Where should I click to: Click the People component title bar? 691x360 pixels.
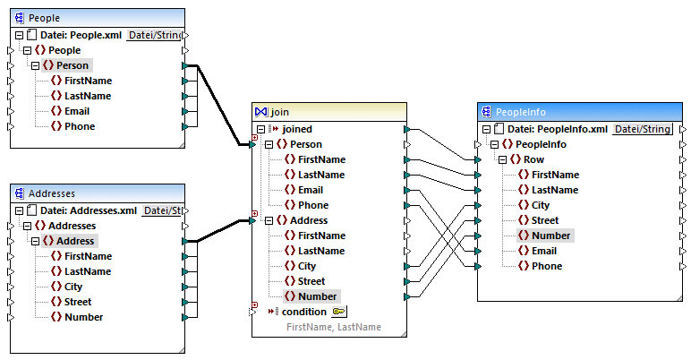[x=90, y=17]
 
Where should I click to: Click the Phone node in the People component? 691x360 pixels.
[x=81, y=126]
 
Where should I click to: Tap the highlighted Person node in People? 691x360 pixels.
[x=72, y=65]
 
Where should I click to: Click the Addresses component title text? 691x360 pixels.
[x=51, y=193]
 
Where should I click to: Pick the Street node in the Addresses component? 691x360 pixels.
[x=78, y=302]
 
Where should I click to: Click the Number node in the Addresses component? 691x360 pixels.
[x=83, y=317]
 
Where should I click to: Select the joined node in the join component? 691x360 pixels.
[x=296, y=129]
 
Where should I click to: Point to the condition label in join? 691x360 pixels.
[x=303, y=312]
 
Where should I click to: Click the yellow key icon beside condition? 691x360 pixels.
[x=339, y=312]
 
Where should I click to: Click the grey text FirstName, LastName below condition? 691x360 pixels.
[x=333, y=327]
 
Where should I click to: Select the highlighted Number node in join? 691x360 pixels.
[x=317, y=296]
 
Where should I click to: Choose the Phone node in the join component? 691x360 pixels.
[x=312, y=205]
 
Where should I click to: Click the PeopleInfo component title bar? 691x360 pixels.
[x=573, y=112]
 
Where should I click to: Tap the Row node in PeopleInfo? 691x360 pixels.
[x=533, y=159]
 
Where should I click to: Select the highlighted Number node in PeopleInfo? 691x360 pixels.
[x=551, y=236]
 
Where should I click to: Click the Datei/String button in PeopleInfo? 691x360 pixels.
[x=643, y=129]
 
